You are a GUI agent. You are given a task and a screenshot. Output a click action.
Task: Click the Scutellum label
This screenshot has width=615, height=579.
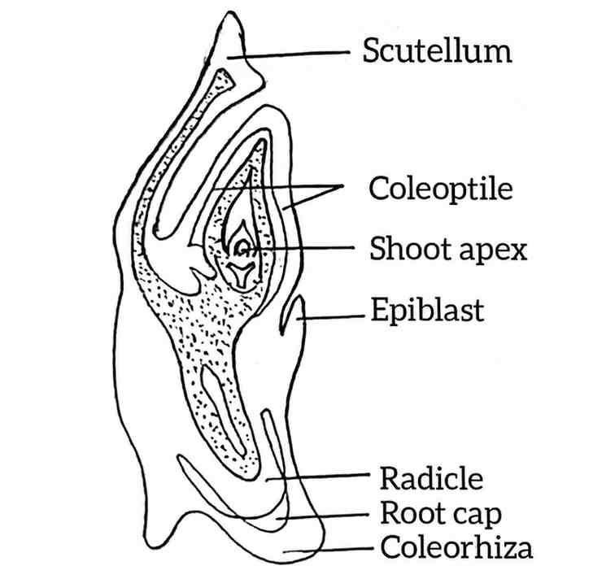coord(438,50)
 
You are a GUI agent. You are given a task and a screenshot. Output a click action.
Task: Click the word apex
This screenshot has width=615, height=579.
coord(493,251)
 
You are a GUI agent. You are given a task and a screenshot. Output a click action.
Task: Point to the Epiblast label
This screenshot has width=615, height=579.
coord(428,310)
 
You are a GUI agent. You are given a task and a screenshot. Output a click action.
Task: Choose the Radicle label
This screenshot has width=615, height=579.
coord(431,478)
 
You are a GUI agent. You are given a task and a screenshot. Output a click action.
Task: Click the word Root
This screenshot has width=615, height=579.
coord(408,512)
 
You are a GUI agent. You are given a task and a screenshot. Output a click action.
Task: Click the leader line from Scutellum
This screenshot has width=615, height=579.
coord(288,54)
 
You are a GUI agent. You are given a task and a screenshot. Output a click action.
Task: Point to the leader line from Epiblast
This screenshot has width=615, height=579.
coord(330,317)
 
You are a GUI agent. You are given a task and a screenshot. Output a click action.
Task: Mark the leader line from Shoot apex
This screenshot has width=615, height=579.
coord(301,248)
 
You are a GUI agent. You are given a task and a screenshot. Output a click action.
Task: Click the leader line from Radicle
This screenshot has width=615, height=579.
coord(318,477)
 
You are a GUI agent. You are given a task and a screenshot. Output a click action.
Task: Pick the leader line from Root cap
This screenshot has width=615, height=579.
coord(323,516)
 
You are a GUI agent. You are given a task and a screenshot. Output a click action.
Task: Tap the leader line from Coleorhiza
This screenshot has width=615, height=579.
coord(329,550)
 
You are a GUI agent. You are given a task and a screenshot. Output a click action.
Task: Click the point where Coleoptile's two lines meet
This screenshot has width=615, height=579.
coord(342,185)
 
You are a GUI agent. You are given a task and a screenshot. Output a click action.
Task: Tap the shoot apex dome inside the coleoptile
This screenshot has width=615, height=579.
coord(242,248)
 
